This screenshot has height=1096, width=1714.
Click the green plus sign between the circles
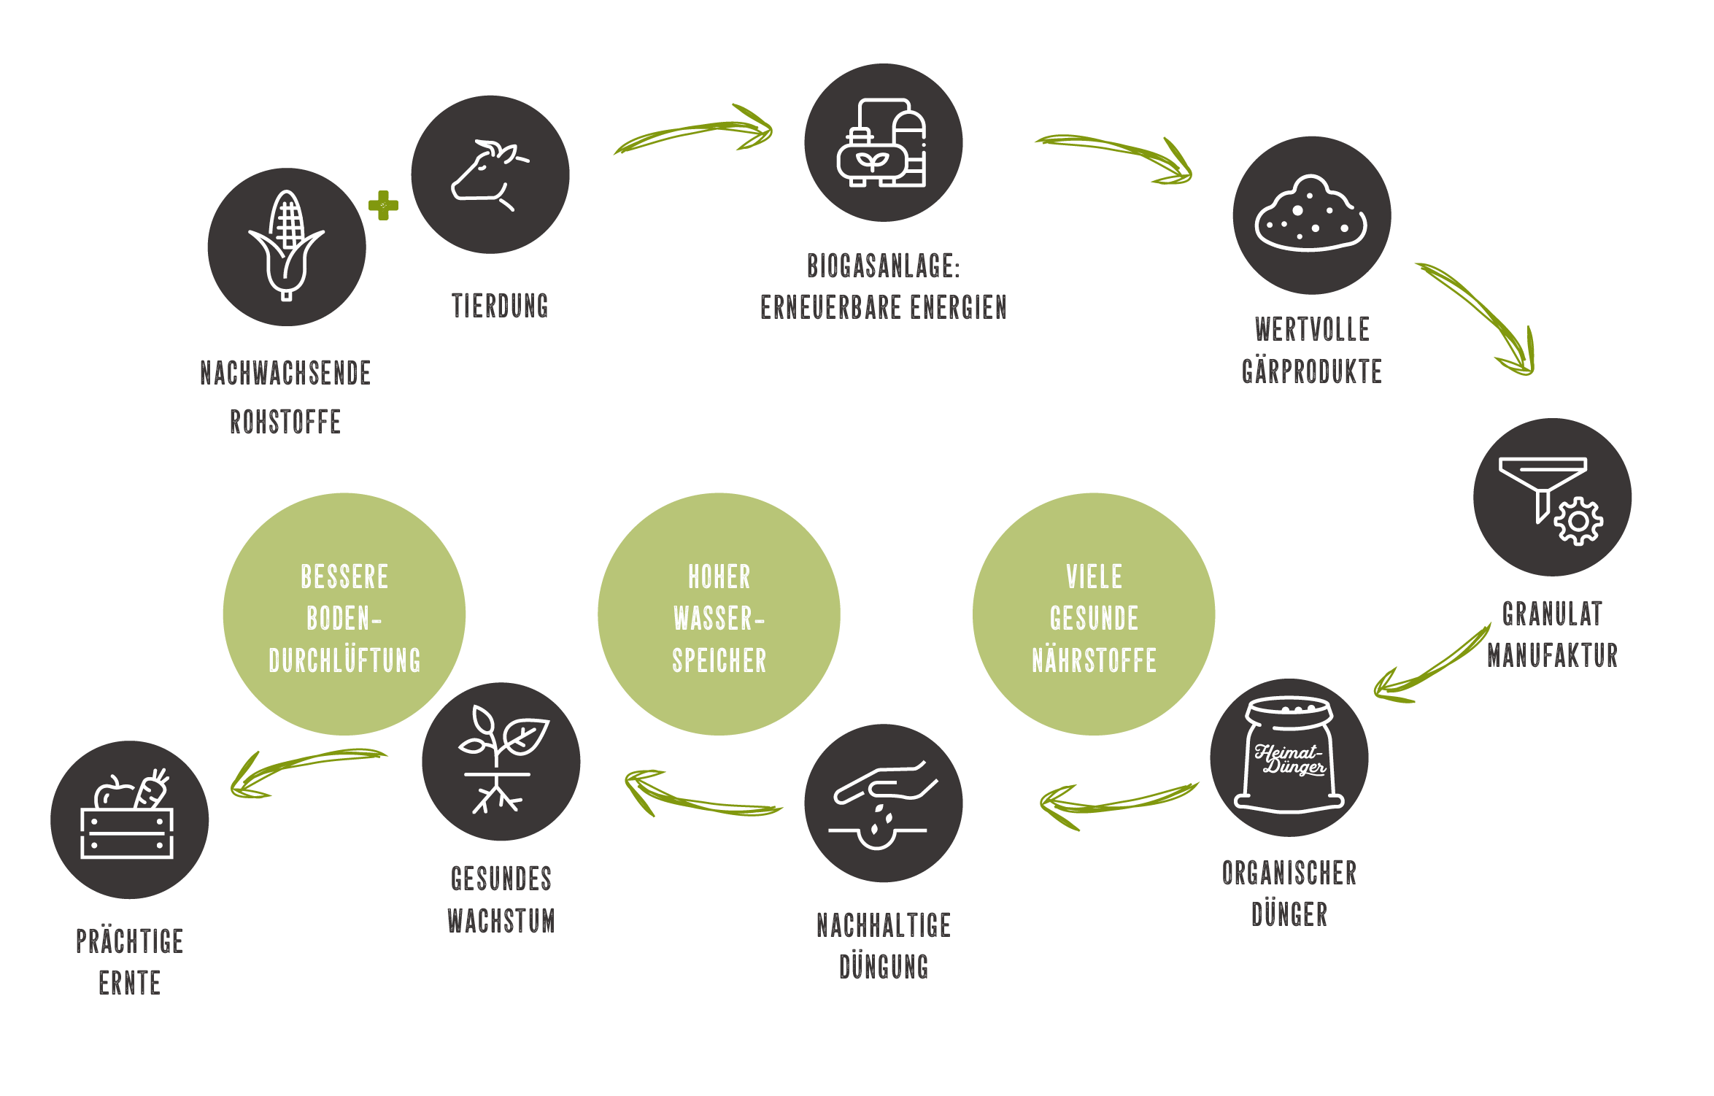click(x=383, y=205)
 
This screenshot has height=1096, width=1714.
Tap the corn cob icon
click(x=287, y=245)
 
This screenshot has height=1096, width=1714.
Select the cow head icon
click(x=489, y=174)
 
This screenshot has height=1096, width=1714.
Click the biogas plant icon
click(x=883, y=143)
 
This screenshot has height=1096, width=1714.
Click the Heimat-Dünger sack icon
click(x=1289, y=757)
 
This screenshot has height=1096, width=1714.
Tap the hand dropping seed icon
click(x=883, y=803)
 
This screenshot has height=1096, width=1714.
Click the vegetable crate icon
click(x=129, y=819)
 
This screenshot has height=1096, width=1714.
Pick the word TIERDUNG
click(x=500, y=306)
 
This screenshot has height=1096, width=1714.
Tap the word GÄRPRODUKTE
click(x=1311, y=372)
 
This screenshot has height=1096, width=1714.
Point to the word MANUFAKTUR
click(x=1552, y=655)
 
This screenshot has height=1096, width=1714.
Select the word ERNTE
click(x=129, y=984)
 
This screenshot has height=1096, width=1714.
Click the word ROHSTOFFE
click(x=285, y=422)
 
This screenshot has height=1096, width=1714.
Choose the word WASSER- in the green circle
click(x=719, y=619)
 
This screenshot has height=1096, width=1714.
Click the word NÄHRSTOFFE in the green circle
click(x=1094, y=661)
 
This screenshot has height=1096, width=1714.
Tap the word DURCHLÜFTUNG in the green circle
click(x=344, y=661)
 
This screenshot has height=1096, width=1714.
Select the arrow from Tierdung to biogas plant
click(x=693, y=131)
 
